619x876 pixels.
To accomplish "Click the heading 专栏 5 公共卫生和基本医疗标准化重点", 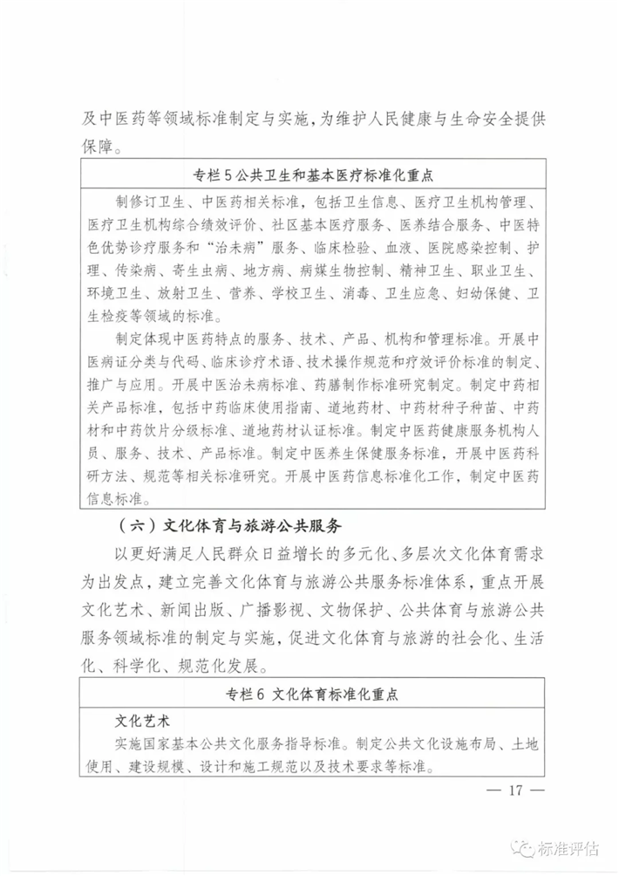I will click(310, 173).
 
